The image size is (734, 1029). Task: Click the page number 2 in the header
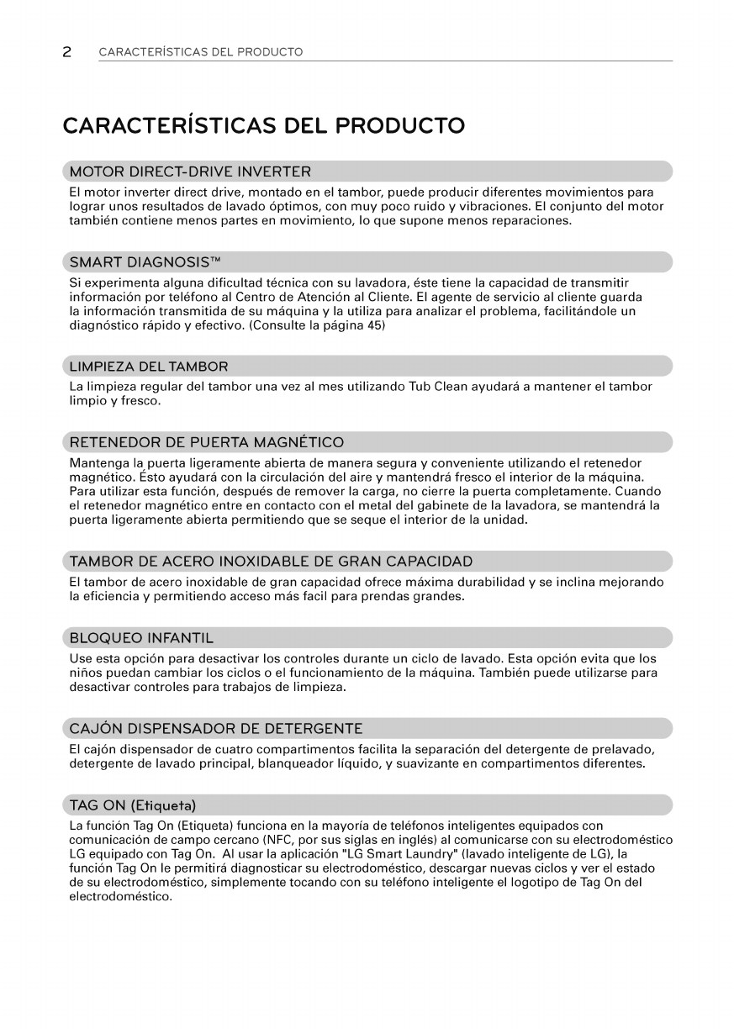(66, 52)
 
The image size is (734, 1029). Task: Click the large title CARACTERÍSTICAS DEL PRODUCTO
(263, 126)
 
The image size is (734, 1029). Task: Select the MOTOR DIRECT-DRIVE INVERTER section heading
(190, 172)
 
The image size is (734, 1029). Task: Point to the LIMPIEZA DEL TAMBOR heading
(148, 367)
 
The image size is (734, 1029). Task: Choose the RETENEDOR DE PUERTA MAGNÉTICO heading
(206, 442)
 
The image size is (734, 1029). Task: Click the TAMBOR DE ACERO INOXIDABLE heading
(271, 562)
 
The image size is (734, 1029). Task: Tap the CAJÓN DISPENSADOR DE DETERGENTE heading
(216, 728)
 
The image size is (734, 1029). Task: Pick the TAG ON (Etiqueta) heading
(134, 804)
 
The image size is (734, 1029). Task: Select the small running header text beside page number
(201, 52)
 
